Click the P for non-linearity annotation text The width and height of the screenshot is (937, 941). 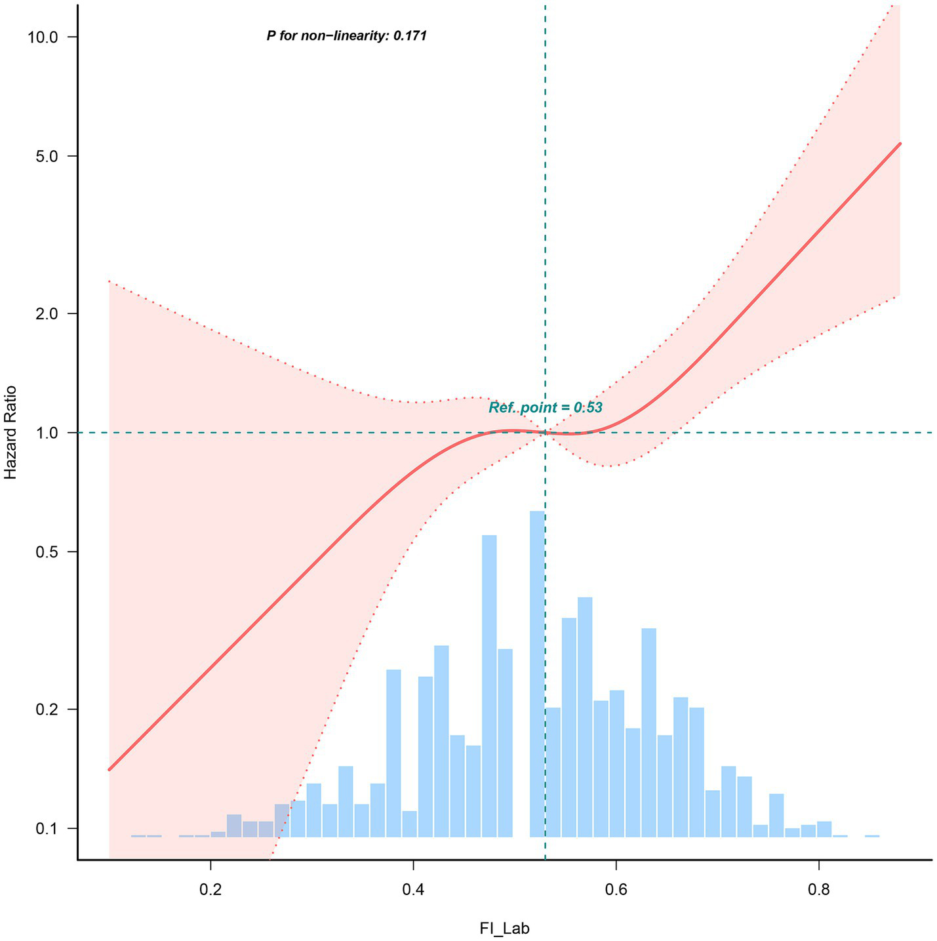click(347, 37)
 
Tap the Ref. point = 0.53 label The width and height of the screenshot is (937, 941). click(546, 408)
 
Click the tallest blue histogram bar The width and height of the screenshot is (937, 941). click(537, 673)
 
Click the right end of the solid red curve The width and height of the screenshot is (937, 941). click(900, 144)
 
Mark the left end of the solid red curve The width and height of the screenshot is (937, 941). click(110, 769)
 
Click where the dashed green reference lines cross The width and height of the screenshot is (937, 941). click(546, 433)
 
